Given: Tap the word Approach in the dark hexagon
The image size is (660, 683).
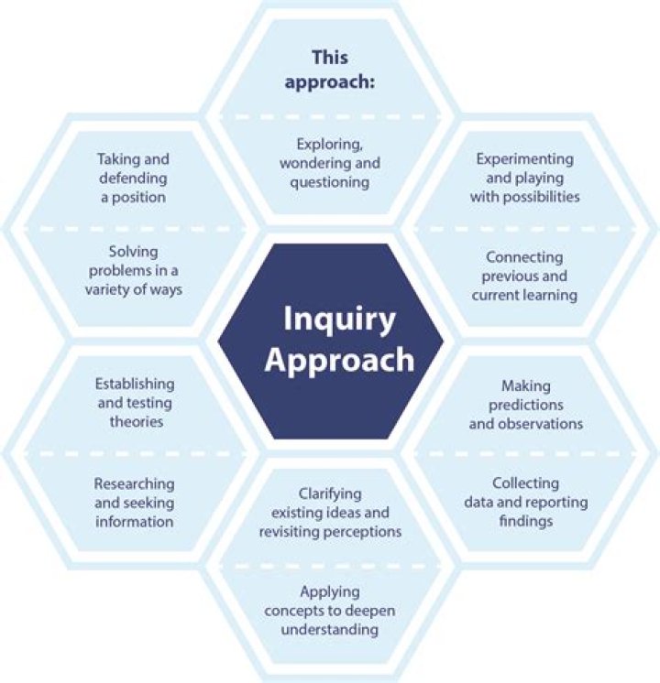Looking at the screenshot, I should coord(338,360).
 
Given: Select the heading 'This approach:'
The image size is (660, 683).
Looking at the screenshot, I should coord(329,69).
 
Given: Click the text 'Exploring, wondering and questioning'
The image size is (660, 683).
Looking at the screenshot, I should coord(332,163).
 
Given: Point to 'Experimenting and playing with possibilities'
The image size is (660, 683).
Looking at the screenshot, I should coord(525,178).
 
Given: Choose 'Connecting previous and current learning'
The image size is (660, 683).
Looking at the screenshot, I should coord(525,276).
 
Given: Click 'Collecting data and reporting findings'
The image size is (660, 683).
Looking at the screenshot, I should coord(525,502).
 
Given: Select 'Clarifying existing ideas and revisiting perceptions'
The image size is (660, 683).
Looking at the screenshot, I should coord(332,512).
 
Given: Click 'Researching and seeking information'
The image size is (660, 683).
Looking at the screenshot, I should coord(134,503).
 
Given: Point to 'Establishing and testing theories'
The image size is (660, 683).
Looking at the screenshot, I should coord(134,403).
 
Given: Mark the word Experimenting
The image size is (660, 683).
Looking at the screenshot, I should coord(525,158).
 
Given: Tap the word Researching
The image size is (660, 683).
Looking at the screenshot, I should coord(134,483).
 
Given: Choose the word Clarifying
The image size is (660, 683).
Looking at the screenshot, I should coord(332,493).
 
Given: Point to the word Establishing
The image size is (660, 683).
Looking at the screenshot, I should coord(134,384).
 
